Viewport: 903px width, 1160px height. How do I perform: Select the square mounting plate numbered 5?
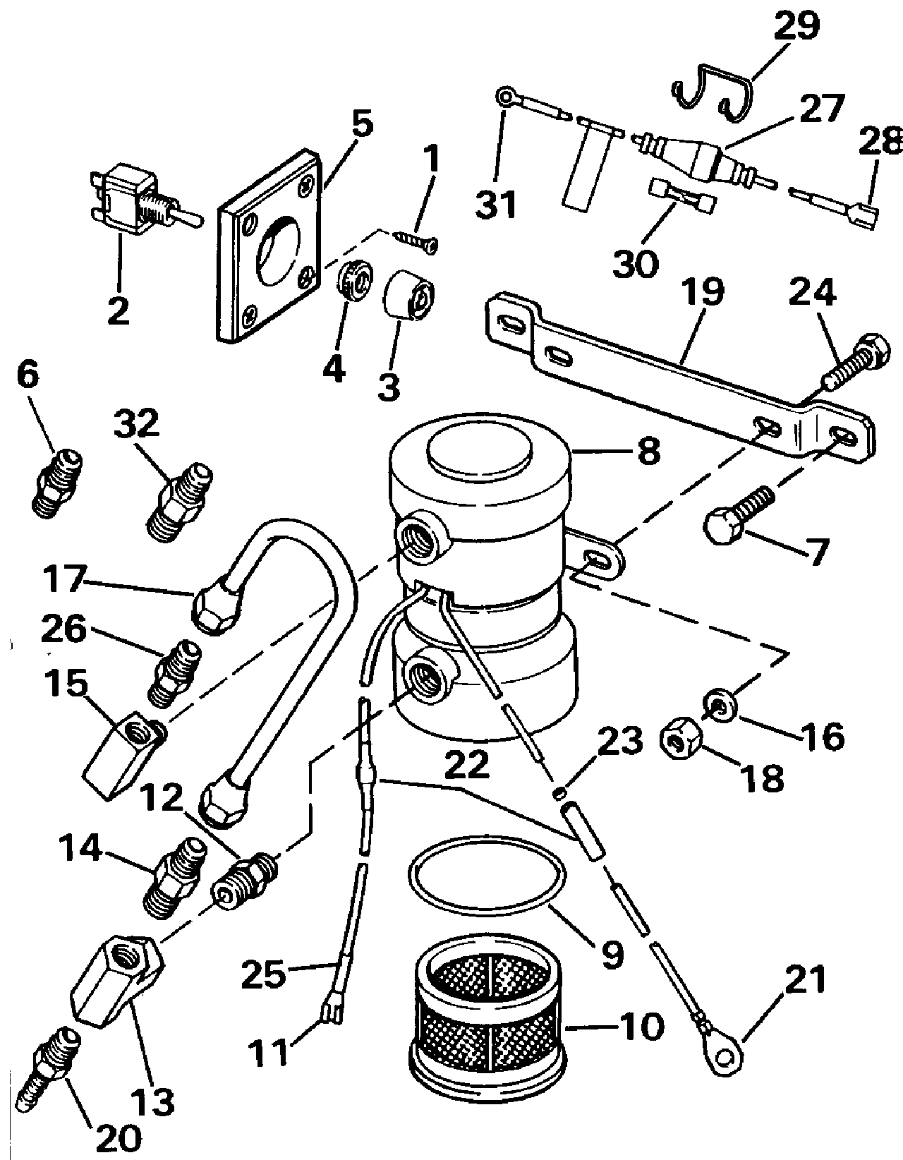pos(270,246)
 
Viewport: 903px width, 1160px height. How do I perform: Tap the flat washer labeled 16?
pos(720,705)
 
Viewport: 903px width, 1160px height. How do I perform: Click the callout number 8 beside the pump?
pos(648,451)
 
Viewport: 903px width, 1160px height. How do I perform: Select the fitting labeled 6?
pos(57,483)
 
